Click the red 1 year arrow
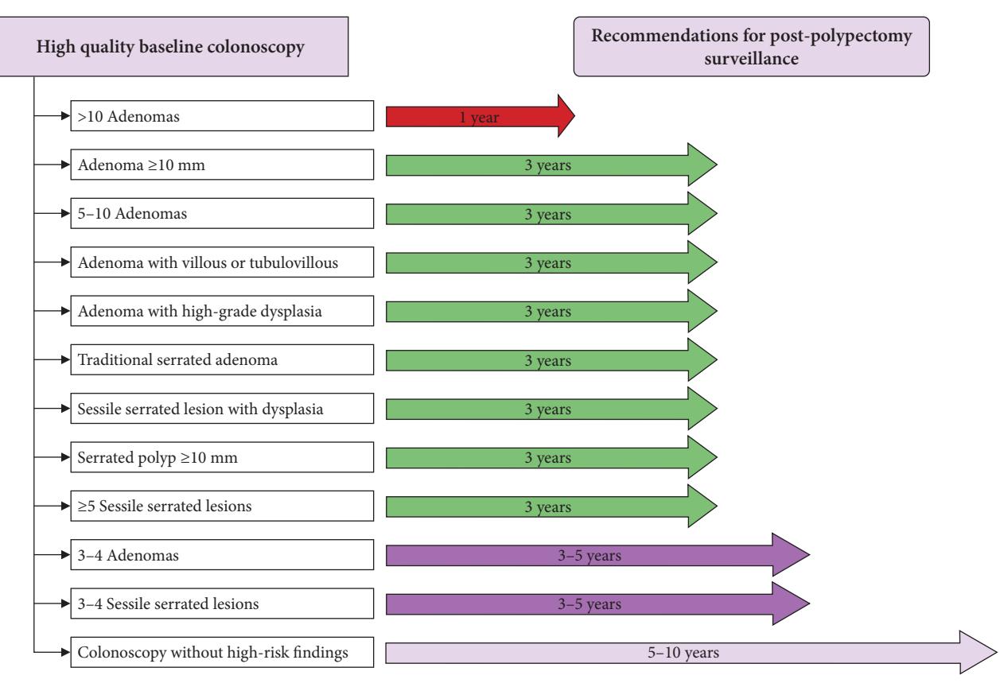(x=480, y=116)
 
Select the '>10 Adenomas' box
(x=222, y=116)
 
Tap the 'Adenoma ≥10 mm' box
(x=222, y=165)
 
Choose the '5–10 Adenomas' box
(x=222, y=213)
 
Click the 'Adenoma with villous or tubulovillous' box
(x=222, y=262)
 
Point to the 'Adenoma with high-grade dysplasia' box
(x=222, y=311)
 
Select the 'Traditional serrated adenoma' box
(x=222, y=359)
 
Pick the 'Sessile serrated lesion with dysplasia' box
(x=222, y=409)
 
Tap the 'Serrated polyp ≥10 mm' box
(x=222, y=457)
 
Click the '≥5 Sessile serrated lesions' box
(x=222, y=506)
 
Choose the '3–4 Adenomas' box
(x=222, y=555)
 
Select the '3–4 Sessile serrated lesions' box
(x=222, y=604)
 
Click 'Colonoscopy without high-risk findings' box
(x=222, y=652)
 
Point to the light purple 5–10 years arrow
(x=691, y=653)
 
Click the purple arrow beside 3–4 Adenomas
(x=597, y=555)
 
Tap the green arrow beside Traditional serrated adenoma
(x=551, y=360)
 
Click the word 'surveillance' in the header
(x=751, y=58)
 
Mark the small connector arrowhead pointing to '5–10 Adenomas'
(x=65, y=213)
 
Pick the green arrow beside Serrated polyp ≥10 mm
(x=551, y=457)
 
